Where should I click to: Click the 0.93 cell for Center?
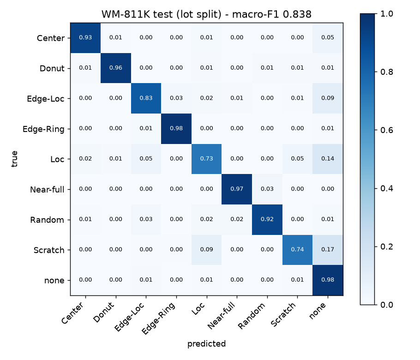[85, 38]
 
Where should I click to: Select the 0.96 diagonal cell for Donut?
[116, 68]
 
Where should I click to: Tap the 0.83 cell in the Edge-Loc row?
[146, 98]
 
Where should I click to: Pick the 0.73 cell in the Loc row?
[206, 159]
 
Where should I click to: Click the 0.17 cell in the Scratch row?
[328, 250]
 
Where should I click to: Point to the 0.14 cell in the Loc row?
[328, 159]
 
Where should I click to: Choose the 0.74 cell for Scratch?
[298, 250]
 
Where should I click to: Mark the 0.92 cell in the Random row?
[267, 219]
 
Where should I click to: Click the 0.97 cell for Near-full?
[237, 189]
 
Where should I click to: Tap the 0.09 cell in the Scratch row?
[206, 250]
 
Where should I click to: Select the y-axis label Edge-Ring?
[43, 129]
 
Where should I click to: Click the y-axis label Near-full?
[47, 190]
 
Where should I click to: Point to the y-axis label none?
[54, 281]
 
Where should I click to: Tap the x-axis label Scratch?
[283, 314]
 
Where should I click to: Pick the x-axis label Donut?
[104, 312]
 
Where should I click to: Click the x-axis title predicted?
[206, 344]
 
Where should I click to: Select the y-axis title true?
[14, 159]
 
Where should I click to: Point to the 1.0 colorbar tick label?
[386, 14]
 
